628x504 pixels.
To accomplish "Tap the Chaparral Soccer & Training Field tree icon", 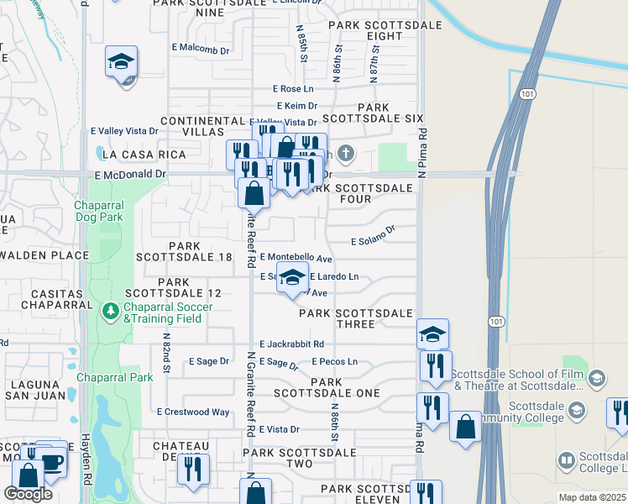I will click(x=110, y=312).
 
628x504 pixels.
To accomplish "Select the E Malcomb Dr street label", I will click(x=201, y=50).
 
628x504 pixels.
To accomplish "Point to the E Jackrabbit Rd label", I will click(x=292, y=344).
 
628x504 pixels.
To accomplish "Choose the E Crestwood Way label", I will click(x=193, y=412).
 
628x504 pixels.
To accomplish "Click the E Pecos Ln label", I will click(x=334, y=362).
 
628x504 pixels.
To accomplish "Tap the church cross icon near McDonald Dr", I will click(x=347, y=154).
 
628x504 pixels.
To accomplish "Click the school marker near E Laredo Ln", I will click(x=292, y=278).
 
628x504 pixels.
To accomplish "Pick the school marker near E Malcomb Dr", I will click(x=122, y=62).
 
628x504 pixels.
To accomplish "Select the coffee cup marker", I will click(x=52, y=461).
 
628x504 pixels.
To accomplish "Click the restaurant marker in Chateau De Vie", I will click(x=193, y=470).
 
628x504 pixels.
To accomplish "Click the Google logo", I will click(x=29, y=494).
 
